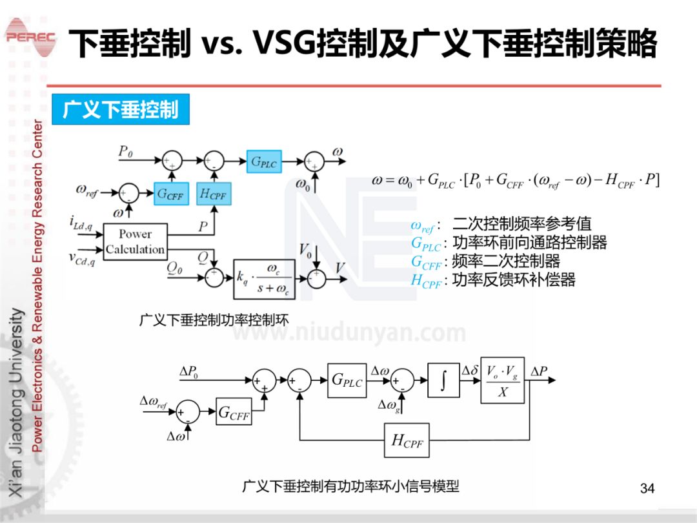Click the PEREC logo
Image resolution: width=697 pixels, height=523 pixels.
click(30, 37)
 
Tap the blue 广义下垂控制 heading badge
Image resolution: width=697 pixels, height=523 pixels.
click(120, 110)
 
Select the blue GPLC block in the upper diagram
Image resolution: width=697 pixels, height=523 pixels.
click(264, 162)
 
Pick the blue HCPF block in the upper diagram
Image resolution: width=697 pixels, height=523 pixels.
click(214, 193)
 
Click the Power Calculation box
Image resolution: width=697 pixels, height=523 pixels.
click(136, 242)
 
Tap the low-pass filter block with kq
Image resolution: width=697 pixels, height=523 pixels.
click(263, 278)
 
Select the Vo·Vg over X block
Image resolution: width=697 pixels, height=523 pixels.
click(502, 380)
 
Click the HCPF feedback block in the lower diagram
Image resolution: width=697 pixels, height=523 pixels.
click(407, 440)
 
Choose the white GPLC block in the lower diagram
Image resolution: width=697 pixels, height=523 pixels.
click(347, 380)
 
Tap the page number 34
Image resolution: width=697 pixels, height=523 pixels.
click(647, 488)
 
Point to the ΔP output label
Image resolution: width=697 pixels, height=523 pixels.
click(539, 371)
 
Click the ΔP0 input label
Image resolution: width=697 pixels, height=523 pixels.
click(188, 372)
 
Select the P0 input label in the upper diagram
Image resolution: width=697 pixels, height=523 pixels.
click(125, 151)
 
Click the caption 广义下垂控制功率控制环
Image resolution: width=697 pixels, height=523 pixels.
click(214, 319)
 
